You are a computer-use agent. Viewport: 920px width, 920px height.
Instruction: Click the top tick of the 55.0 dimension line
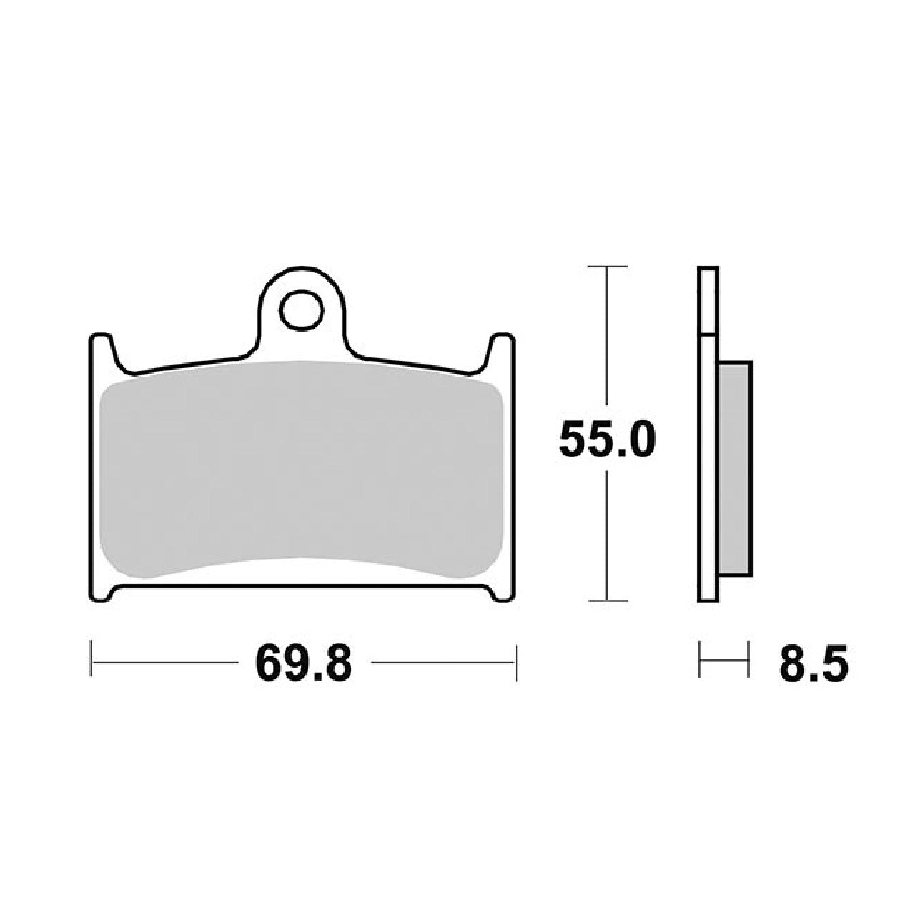coord(607,267)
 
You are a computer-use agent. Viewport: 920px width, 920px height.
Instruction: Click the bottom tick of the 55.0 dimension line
coord(607,600)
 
